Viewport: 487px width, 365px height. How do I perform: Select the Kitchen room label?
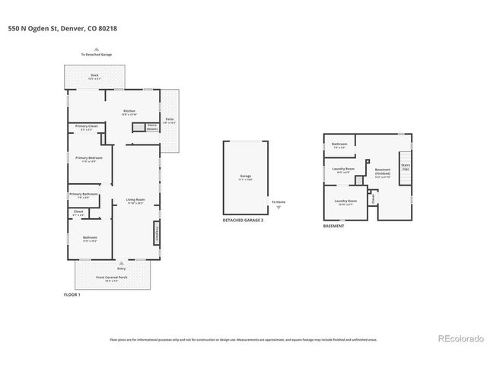[x=130, y=111]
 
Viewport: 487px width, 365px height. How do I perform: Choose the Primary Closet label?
[x=86, y=128]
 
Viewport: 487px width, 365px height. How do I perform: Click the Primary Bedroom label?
[x=87, y=159]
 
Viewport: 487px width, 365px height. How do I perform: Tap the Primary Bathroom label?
[x=83, y=195]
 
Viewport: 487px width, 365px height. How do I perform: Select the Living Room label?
[x=135, y=202]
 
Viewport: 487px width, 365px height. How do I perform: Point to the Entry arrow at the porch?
[x=121, y=263]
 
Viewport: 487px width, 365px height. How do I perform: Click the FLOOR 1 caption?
[x=72, y=294]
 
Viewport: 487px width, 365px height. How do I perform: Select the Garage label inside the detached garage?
[x=246, y=176]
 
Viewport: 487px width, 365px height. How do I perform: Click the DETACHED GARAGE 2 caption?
[x=243, y=220]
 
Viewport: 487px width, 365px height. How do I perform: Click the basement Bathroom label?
[x=339, y=144]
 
